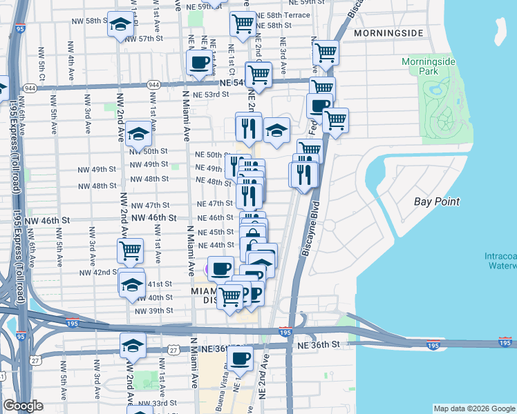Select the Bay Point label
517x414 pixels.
click(437, 201)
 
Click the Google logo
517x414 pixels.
click(23, 406)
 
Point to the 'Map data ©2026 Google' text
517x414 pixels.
click(473, 408)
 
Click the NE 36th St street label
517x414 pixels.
click(319, 344)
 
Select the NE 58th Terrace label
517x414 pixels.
click(283, 14)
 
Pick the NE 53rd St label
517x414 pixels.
click(211, 95)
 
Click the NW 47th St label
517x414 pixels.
click(151, 206)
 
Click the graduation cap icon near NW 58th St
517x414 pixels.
click(120, 25)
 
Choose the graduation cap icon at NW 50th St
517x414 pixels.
click(139, 133)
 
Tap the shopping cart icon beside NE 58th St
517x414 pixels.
click(243, 23)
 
